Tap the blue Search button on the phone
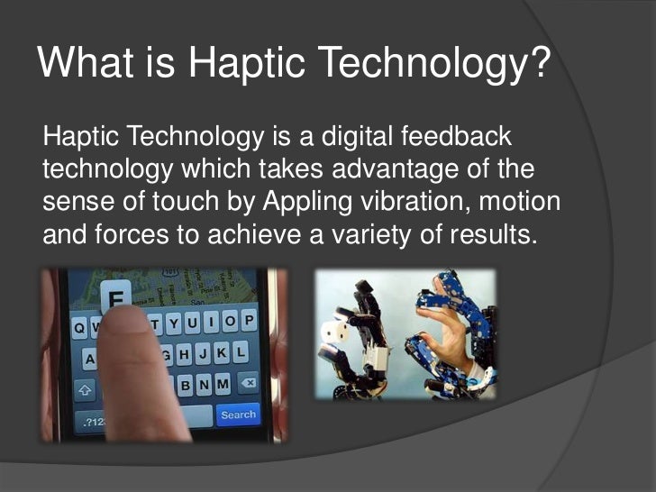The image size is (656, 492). coord(238,415)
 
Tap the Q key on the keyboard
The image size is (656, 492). coord(81,329)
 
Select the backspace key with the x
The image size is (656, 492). coord(245,385)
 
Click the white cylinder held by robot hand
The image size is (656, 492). coord(340,333)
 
